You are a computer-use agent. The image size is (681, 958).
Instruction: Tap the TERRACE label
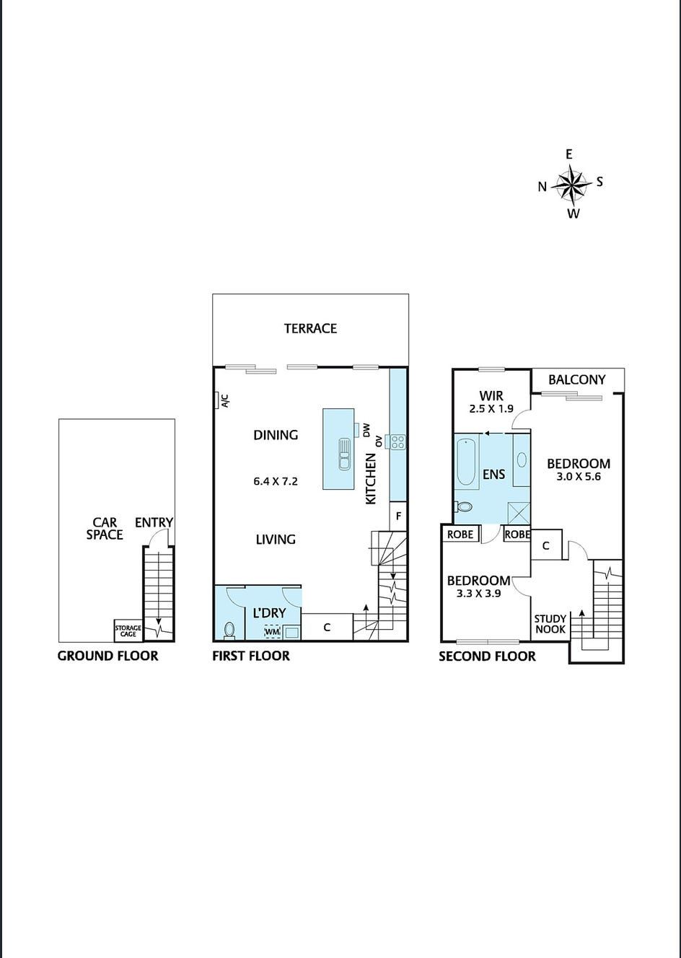tap(310, 328)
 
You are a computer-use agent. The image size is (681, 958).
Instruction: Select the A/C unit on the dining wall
tap(218, 400)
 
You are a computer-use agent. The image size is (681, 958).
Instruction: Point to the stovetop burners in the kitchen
tap(397, 441)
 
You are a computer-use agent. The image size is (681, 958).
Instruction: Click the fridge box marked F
tap(398, 517)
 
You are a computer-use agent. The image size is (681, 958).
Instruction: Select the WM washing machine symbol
tap(272, 632)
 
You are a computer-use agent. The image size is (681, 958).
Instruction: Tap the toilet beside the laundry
tap(229, 630)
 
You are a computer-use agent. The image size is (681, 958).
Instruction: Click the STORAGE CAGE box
tap(128, 631)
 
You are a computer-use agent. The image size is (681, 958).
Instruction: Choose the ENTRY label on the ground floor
tap(154, 522)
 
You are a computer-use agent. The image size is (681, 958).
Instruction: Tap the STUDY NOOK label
tap(550, 624)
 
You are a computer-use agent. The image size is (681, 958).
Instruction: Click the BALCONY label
tap(576, 379)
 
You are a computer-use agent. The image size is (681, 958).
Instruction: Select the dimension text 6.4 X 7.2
tap(276, 481)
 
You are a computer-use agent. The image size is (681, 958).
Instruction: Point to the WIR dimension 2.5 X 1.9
tap(491, 408)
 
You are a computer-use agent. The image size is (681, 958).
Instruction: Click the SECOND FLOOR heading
tap(487, 656)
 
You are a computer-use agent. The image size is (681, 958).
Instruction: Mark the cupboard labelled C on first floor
tap(327, 627)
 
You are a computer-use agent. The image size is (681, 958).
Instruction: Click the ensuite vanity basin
tap(521, 460)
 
